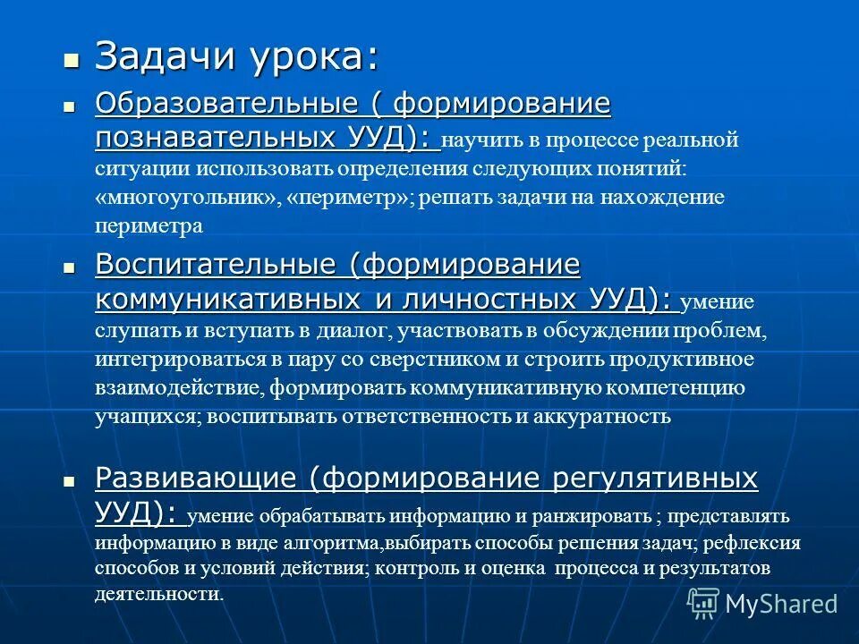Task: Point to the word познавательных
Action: pos(215,138)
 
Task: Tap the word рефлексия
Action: pos(756,543)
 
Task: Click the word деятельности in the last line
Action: pos(157,594)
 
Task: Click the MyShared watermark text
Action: pos(781,604)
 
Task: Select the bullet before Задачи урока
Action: pos(71,60)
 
